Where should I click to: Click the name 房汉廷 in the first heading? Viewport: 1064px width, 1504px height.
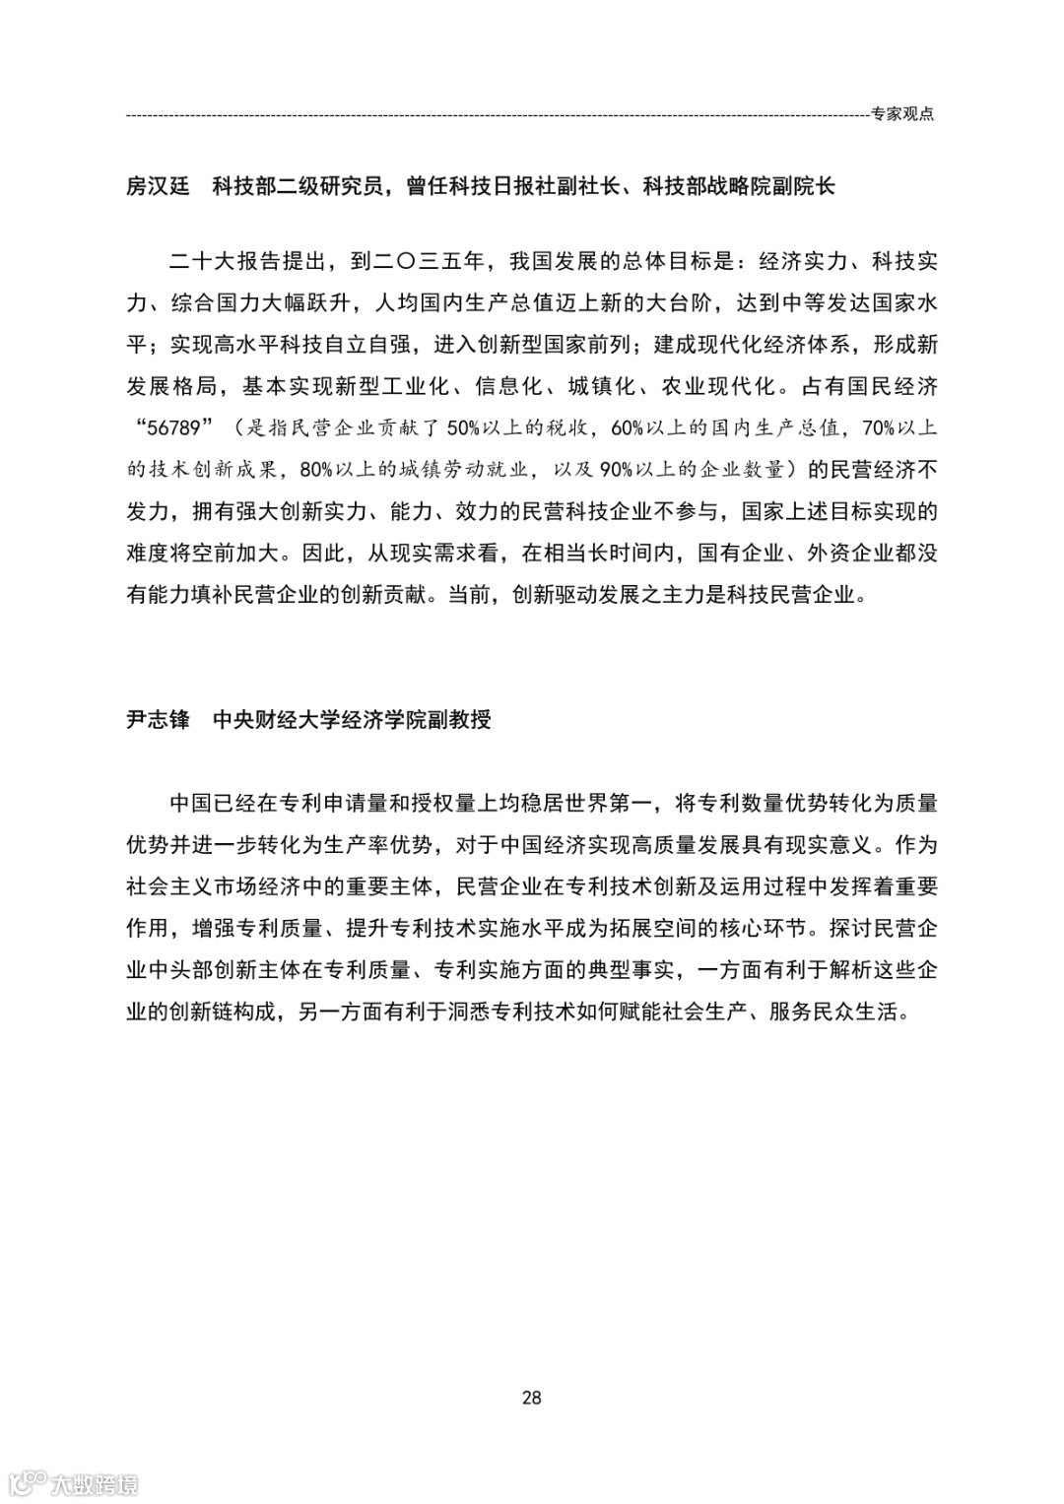click(x=158, y=185)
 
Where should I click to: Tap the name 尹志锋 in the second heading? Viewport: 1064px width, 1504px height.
click(x=158, y=720)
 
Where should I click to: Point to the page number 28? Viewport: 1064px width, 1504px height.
click(x=532, y=1397)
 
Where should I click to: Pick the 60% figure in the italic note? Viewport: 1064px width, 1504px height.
click(x=631, y=428)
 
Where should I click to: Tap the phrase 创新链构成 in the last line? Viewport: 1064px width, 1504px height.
click(x=223, y=1011)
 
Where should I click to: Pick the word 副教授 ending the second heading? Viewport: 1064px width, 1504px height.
click(x=459, y=720)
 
